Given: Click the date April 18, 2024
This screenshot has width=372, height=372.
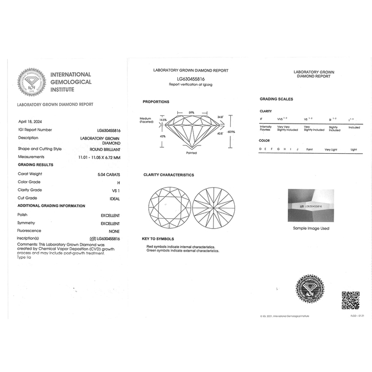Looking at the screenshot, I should (x=30, y=121).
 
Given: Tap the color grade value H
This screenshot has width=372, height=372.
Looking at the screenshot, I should (x=118, y=182).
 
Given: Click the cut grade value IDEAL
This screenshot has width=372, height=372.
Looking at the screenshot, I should (x=114, y=198).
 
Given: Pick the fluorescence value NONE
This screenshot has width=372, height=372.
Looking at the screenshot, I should (x=114, y=231).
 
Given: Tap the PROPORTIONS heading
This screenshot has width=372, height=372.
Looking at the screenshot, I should (x=156, y=102).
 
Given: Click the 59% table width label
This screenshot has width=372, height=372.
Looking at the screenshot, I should (x=191, y=112).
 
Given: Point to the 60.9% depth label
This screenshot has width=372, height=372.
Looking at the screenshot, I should (x=232, y=131).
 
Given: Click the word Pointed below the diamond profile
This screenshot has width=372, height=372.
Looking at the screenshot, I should (x=191, y=153).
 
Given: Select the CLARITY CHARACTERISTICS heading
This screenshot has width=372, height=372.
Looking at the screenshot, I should (x=168, y=175).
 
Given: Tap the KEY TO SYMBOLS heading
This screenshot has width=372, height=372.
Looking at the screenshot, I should (x=158, y=239).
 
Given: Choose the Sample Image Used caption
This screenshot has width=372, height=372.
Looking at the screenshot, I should (x=311, y=228).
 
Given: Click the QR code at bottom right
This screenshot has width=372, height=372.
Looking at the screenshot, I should (x=350, y=300).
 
